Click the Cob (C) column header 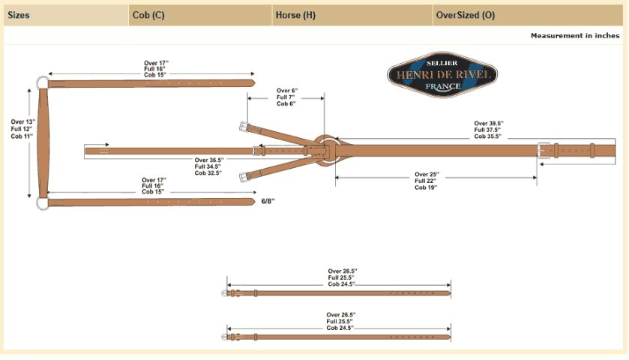point(148,15)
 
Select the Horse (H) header point(295,15)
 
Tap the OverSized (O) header point(466,15)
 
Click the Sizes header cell point(19,15)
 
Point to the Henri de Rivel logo point(442,75)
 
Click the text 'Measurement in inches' point(575,36)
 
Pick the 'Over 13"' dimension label point(22,121)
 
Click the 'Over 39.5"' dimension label point(489,124)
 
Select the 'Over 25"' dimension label point(427,175)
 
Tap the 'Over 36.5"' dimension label point(209,160)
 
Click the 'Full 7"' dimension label point(286,97)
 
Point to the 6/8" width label point(268,201)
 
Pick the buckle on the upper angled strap point(244,127)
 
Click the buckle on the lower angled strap point(243,177)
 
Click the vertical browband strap point(43,142)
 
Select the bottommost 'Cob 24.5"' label point(340,328)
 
